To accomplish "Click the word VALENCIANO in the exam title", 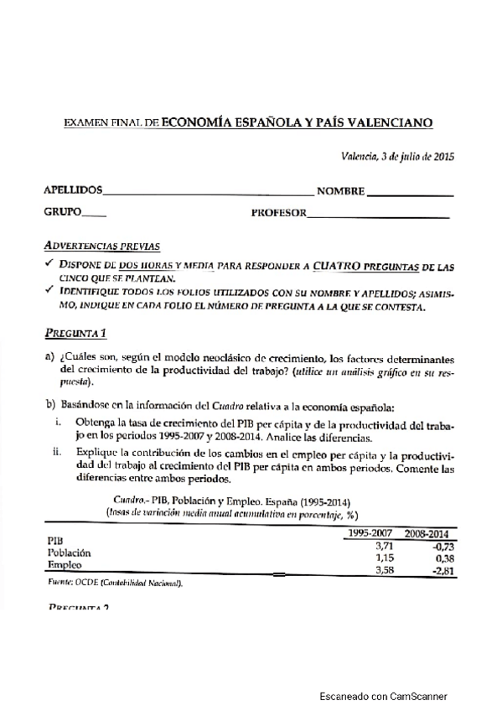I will (x=392, y=122).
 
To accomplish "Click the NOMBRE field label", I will (x=340, y=192).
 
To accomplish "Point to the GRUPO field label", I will (x=62, y=213).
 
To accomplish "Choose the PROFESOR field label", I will (x=278, y=214).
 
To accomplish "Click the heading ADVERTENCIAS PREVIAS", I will (x=101, y=247).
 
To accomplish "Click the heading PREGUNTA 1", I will (x=75, y=330).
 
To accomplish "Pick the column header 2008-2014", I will (x=427, y=533).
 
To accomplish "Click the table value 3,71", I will (x=382, y=545).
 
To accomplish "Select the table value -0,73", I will (x=438, y=545).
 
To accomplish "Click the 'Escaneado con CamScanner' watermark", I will (x=383, y=696).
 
